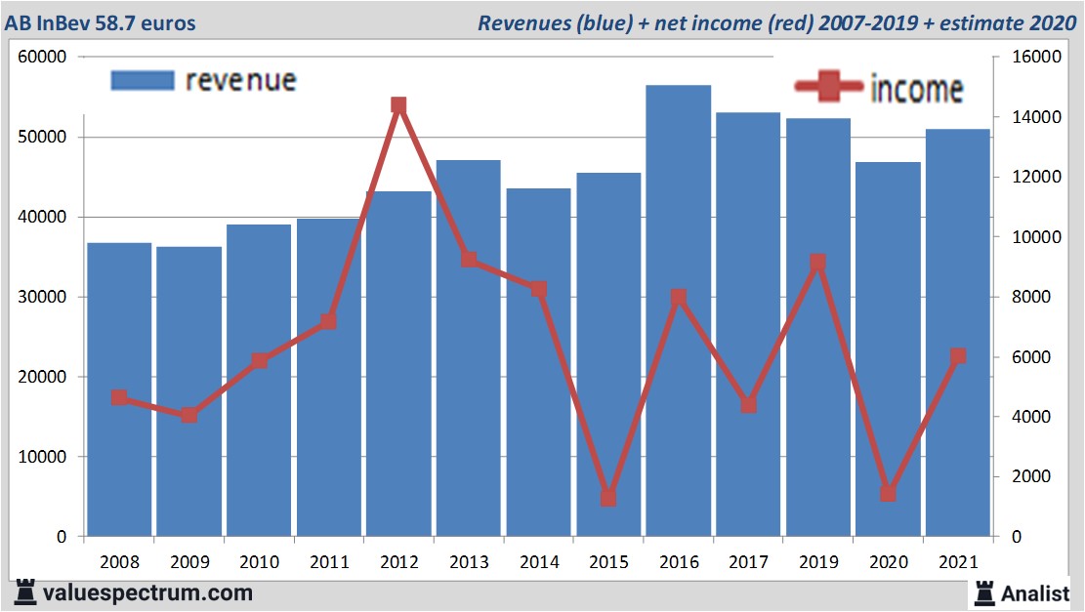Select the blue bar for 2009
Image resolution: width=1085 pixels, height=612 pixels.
tap(188, 390)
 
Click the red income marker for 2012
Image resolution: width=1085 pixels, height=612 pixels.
tap(398, 105)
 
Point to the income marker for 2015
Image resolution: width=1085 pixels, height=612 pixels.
tap(608, 498)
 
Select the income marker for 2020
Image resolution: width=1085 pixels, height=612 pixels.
tap(888, 493)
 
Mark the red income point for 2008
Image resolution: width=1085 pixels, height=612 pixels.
tap(119, 397)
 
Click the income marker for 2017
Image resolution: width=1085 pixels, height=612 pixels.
tap(748, 404)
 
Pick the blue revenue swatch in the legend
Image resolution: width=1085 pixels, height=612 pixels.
tap(143, 80)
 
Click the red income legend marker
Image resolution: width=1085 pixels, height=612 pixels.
tap(828, 88)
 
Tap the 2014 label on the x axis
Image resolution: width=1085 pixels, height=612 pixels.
tap(539, 562)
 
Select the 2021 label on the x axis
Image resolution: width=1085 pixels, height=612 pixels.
tap(958, 562)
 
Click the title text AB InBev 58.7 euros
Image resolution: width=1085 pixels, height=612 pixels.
tap(98, 22)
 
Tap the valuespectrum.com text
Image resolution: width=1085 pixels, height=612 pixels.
tap(147, 592)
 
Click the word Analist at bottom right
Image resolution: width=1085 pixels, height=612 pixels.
tap(1034, 592)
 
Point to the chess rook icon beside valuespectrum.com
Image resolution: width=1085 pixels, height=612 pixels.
tap(25, 592)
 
